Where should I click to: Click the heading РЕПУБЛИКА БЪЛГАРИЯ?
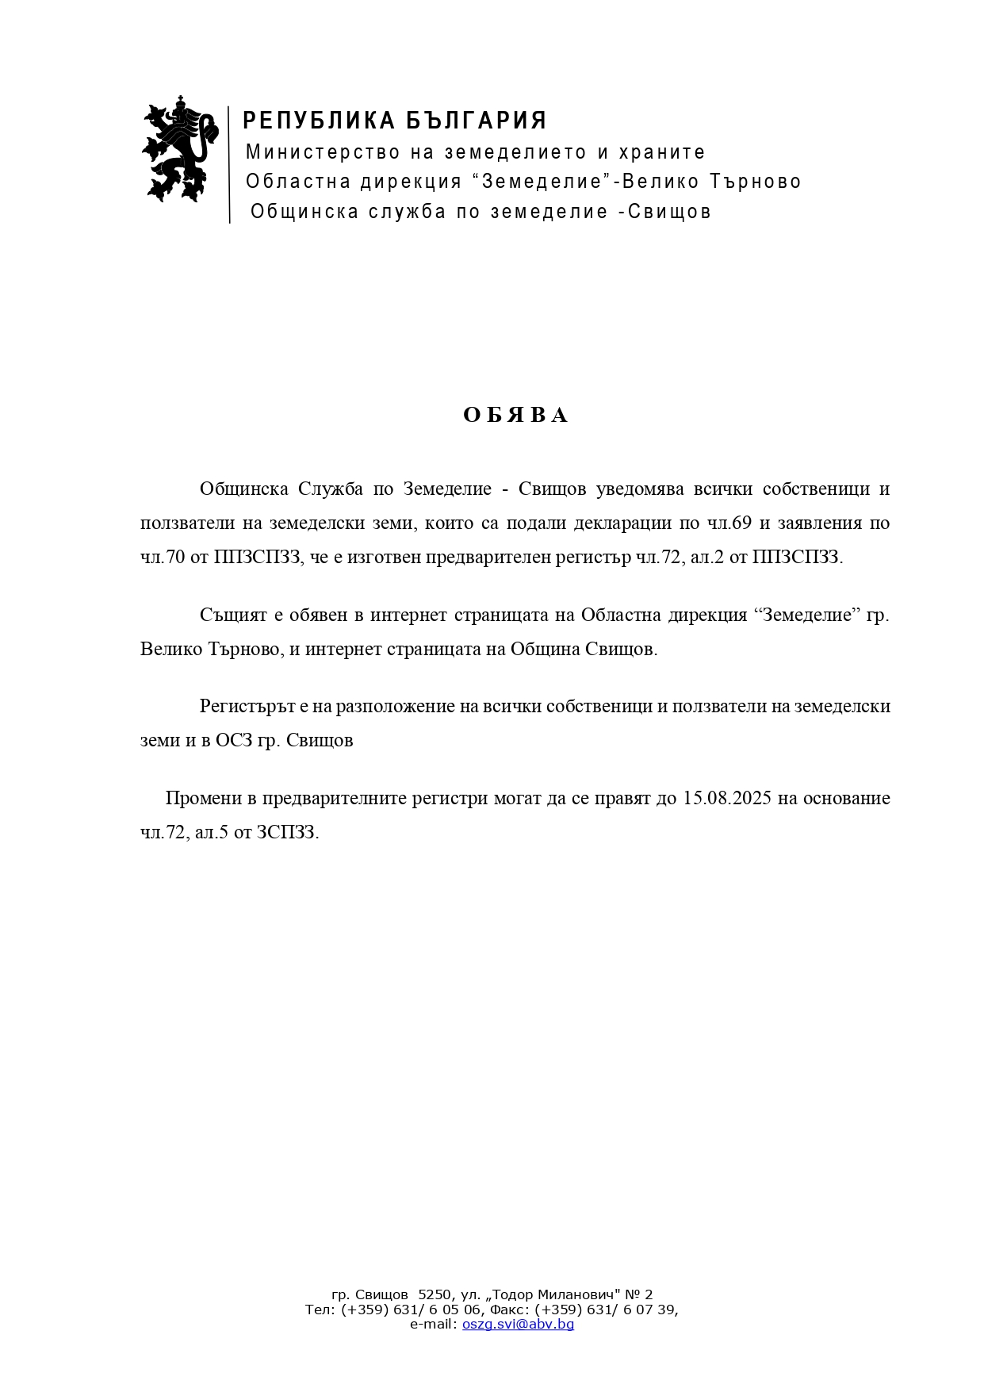pyautogui.click(x=395, y=121)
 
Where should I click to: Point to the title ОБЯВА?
pyautogui.click(x=515, y=416)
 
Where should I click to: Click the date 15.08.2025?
pyautogui.click(x=726, y=798)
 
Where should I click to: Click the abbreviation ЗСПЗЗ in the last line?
pyautogui.click(x=286, y=832)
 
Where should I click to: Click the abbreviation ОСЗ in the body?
pyautogui.click(x=233, y=740)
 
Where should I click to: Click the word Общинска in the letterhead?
pyautogui.click(x=304, y=212)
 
